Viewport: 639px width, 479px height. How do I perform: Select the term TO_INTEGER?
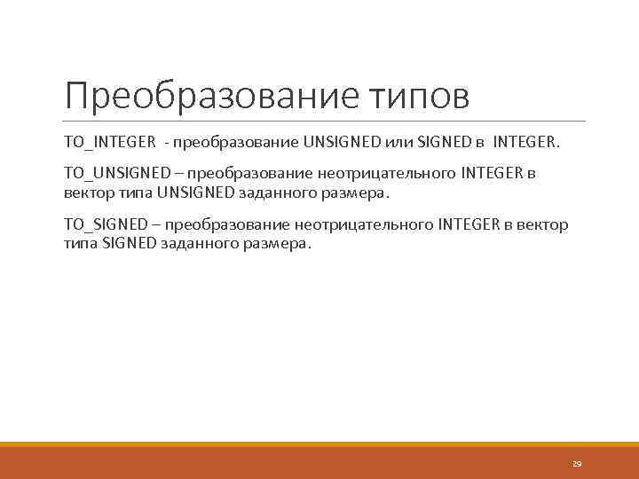(x=109, y=141)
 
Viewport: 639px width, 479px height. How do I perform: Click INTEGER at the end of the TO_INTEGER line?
(x=526, y=141)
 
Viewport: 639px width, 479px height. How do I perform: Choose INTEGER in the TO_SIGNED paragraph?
(x=469, y=224)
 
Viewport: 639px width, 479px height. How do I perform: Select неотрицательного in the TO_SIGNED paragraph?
(x=359, y=224)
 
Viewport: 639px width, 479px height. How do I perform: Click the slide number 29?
(x=576, y=463)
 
